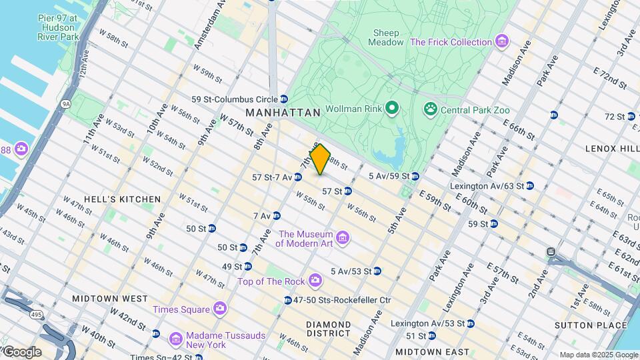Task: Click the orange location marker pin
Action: [x=321, y=159]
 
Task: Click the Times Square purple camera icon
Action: [x=220, y=309]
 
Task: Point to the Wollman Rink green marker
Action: [x=393, y=107]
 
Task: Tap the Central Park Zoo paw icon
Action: [x=431, y=107]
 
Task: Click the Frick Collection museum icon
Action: [x=502, y=43]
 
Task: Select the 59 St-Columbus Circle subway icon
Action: [x=284, y=99]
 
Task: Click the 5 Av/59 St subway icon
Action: [x=415, y=176]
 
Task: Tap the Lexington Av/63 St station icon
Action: [x=529, y=185]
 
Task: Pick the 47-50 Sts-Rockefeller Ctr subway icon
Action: [x=287, y=300]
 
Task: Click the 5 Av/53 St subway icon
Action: [x=377, y=271]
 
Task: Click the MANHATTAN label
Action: [x=283, y=113]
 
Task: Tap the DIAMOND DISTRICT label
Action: [x=329, y=328]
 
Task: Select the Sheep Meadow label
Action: [x=386, y=37]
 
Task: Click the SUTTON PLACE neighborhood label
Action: [x=586, y=325]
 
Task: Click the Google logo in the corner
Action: [x=22, y=352]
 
